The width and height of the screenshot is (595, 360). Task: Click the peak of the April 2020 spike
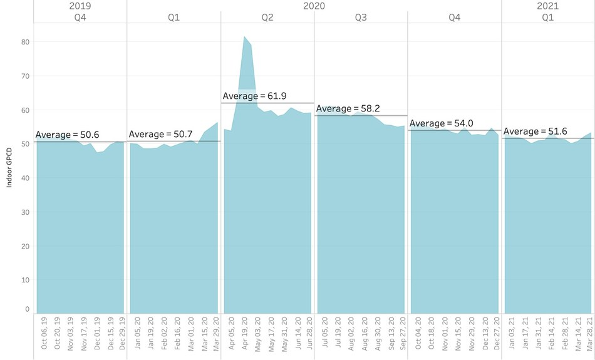click(x=244, y=38)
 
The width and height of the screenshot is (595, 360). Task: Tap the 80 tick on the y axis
click(x=26, y=42)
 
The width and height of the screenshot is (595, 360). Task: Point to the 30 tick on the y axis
click(x=26, y=212)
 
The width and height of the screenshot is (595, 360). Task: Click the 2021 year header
click(x=548, y=6)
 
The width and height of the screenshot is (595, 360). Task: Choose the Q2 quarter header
click(x=267, y=18)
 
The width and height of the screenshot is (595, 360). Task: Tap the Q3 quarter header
click(x=361, y=18)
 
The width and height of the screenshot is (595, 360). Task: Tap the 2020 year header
click(x=314, y=6)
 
